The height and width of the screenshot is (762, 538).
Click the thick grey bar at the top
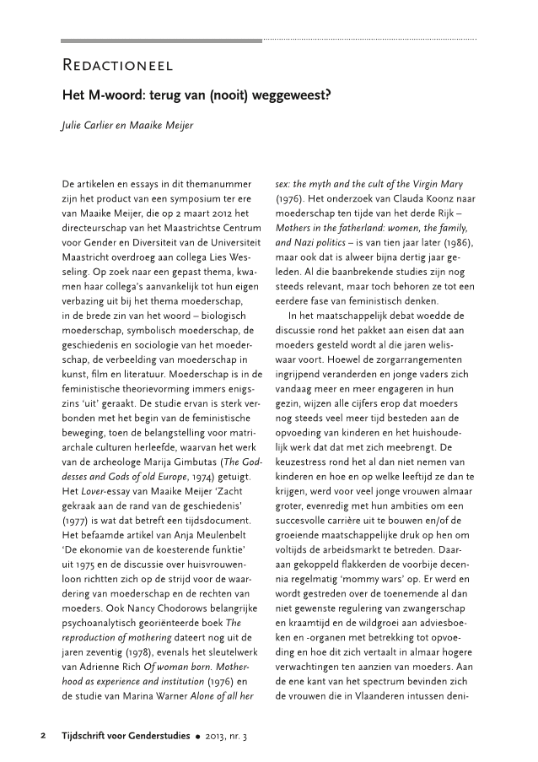point(162,40)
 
